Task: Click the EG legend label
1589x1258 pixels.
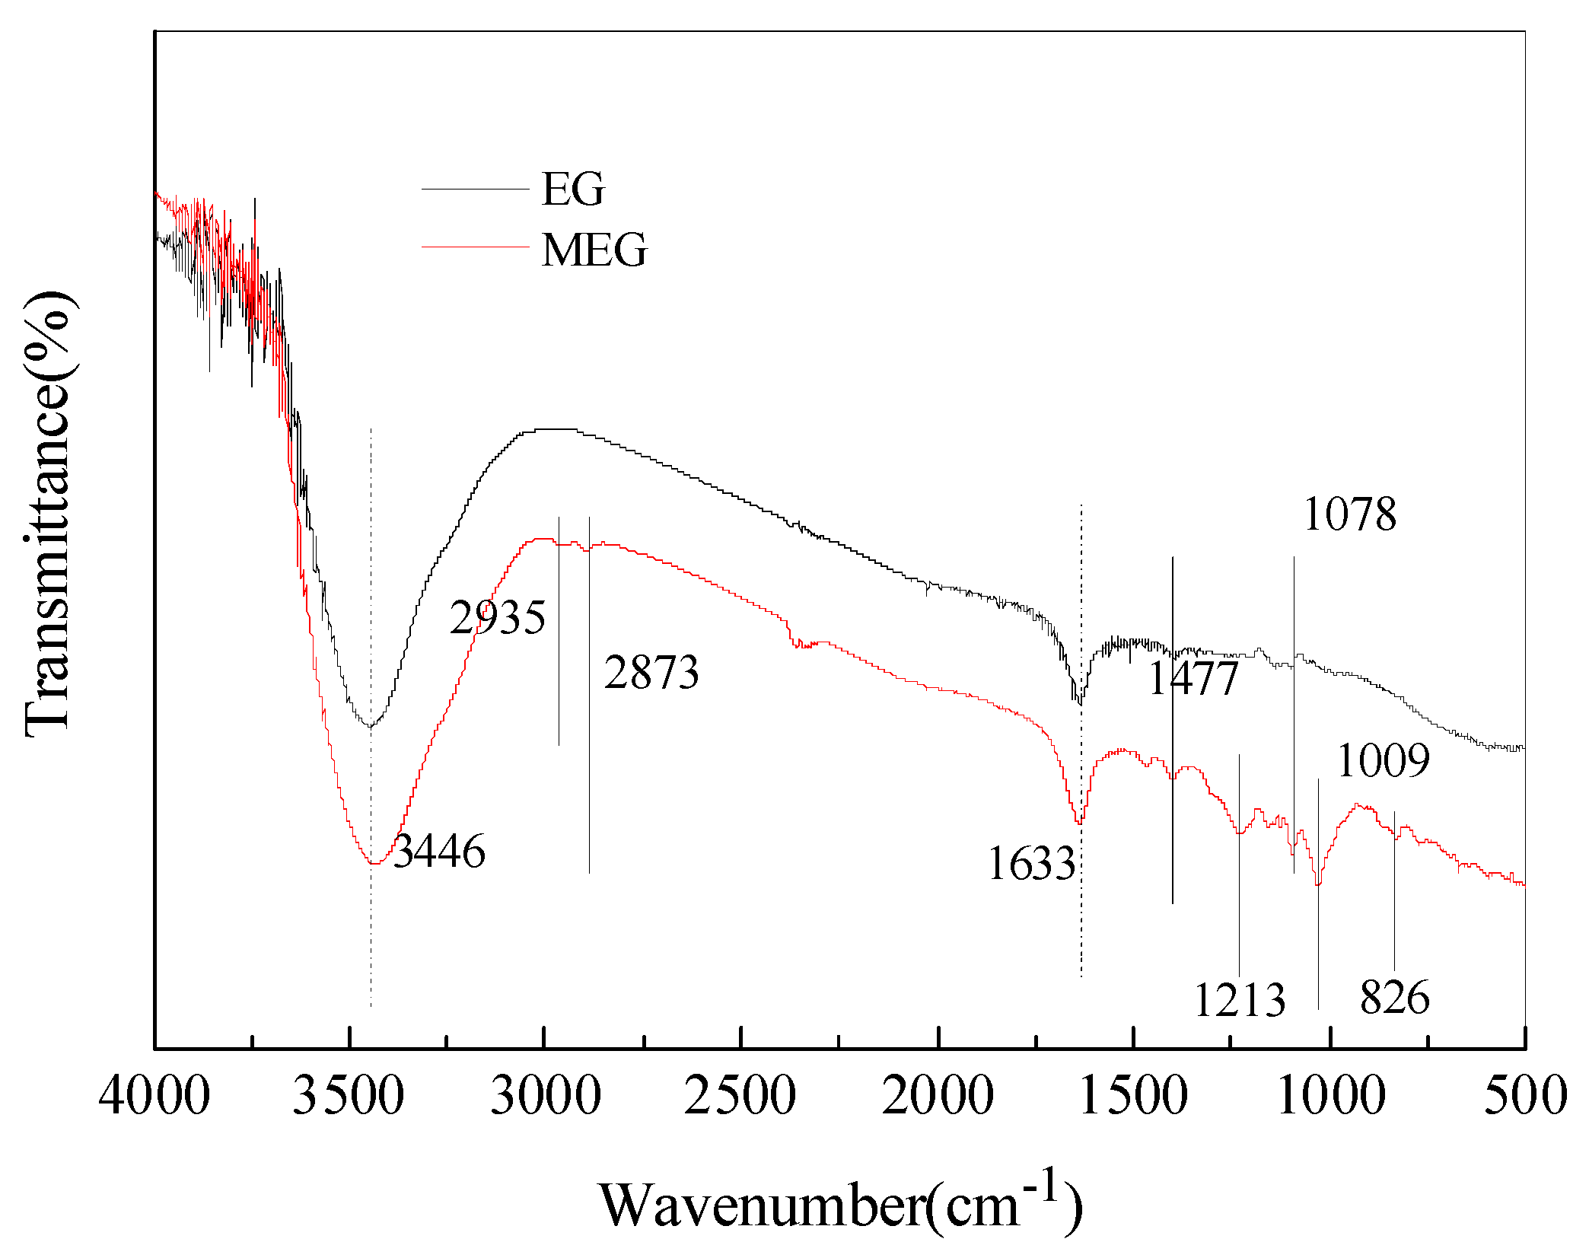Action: point(572,189)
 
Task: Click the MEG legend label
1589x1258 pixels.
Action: point(594,250)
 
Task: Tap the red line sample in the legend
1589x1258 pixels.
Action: point(475,247)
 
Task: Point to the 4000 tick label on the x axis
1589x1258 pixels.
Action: point(154,1096)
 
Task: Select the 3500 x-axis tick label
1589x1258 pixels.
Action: point(349,1096)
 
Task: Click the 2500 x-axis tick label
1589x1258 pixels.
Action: point(740,1096)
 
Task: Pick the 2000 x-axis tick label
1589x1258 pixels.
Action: point(938,1096)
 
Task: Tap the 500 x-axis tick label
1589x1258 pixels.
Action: point(1525,1096)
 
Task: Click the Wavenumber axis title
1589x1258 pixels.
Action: point(840,1205)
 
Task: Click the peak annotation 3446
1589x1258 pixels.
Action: point(439,851)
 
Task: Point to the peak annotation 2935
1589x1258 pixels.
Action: point(498,617)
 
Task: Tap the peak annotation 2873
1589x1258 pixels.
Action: point(651,673)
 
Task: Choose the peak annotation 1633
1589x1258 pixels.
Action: point(1031,864)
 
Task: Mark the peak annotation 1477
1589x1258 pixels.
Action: point(1193,679)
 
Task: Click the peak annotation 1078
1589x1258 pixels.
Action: point(1350,514)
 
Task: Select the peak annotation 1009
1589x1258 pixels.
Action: point(1383,760)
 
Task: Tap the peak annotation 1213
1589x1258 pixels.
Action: point(1240,1000)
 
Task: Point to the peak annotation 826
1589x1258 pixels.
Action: point(1394,998)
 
